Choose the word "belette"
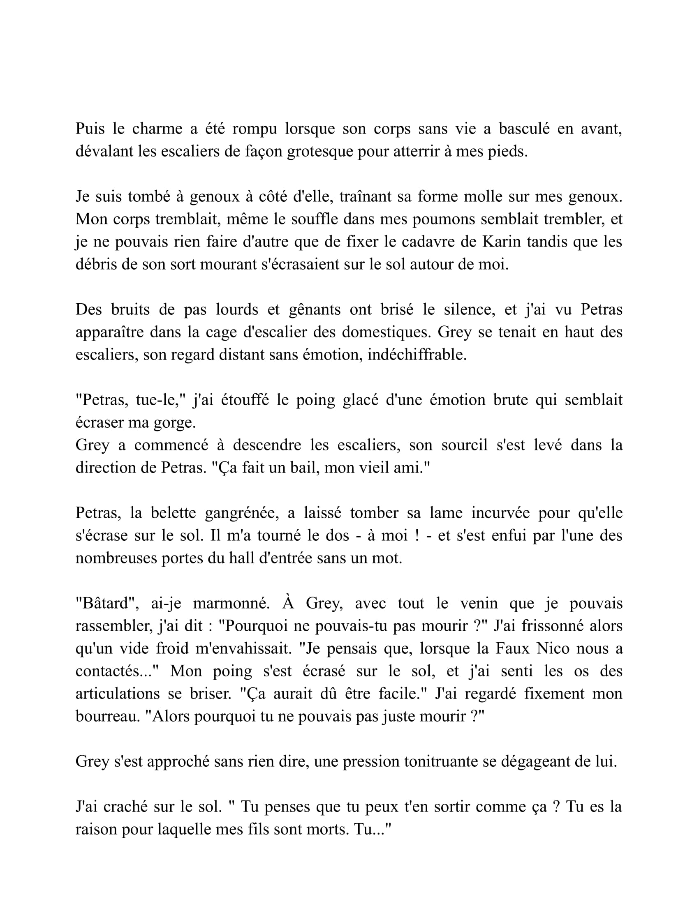pyautogui.click(x=174, y=513)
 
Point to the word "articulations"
pyautogui.click(x=118, y=694)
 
